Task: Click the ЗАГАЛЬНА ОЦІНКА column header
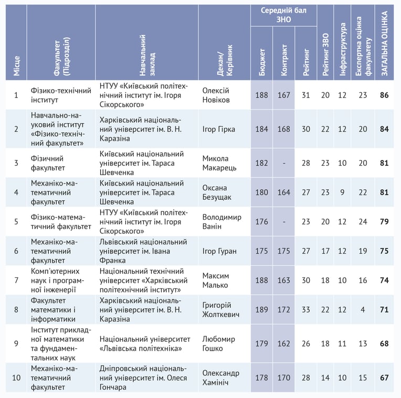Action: tap(384, 44)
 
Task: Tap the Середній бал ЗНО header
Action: tap(283, 15)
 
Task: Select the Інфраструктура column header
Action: tap(342, 49)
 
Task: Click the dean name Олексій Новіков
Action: tap(216, 95)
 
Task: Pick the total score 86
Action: tap(384, 95)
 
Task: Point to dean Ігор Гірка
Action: tap(219, 129)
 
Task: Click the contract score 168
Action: tap(283, 129)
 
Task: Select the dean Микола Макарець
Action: tap(219, 163)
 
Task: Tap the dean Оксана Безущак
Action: tap(217, 192)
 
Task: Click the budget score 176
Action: tap(261, 221)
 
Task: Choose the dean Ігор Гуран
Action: tap(219, 251)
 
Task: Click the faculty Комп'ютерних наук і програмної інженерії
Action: tap(57, 280)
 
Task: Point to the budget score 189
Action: tap(261, 309)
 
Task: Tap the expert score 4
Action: tap(363, 309)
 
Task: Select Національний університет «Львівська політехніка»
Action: tap(145, 343)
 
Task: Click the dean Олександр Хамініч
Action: tap(220, 378)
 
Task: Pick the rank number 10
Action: tap(16, 378)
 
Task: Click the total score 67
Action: tap(384, 378)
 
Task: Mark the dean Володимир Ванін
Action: tap(221, 221)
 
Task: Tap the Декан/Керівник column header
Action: tap(225, 60)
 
